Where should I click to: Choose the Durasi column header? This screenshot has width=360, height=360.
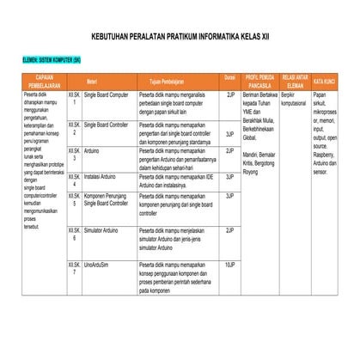point(229,77)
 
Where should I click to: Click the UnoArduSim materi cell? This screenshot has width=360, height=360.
point(96,265)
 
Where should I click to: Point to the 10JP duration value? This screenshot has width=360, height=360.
point(229,265)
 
